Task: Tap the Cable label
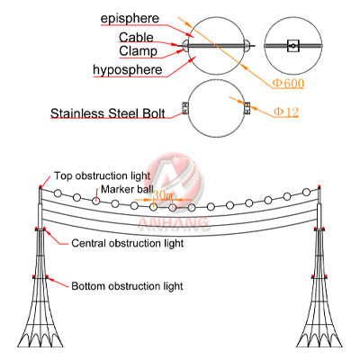point(137,38)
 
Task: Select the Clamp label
point(137,51)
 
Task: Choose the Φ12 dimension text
point(286,112)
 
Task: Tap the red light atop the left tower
point(40,186)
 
